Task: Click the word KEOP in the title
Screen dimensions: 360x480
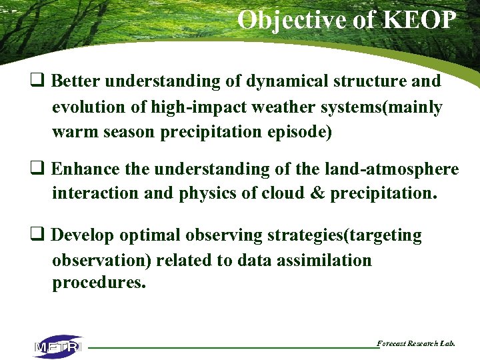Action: pyautogui.click(x=419, y=20)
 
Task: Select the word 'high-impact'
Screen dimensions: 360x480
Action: pyautogui.click(x=184, y=107)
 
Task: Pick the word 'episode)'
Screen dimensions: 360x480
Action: pyautogui.click(x=298, y=131)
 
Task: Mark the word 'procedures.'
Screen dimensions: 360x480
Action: pyautogui.click(x=99, y=283)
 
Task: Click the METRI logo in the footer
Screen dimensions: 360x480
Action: pyautogui.click(x=58, y=347)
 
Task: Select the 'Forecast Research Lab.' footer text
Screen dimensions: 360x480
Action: pyautogui.click(x=416, y=343)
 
